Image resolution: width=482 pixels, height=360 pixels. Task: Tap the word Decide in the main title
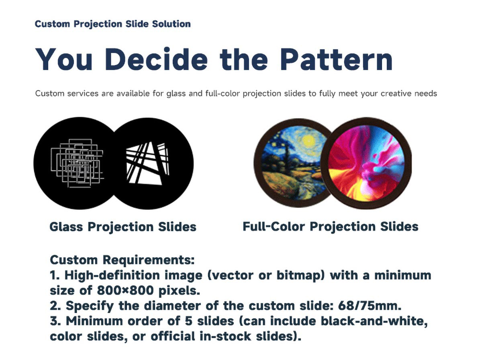[156, 59]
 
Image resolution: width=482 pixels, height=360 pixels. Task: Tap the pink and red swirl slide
[366, 163]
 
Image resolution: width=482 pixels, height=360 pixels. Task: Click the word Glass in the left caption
[66, 227]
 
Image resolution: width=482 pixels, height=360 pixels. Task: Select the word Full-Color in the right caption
[274, 226]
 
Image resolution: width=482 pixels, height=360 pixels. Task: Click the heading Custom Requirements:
[122, 260]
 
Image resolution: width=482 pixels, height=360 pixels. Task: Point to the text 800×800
[125, 290]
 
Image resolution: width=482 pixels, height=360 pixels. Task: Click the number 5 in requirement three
[189, 321]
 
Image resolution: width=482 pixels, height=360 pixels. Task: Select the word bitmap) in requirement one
[300, 276]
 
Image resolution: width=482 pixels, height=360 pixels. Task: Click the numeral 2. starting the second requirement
[55, 305]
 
